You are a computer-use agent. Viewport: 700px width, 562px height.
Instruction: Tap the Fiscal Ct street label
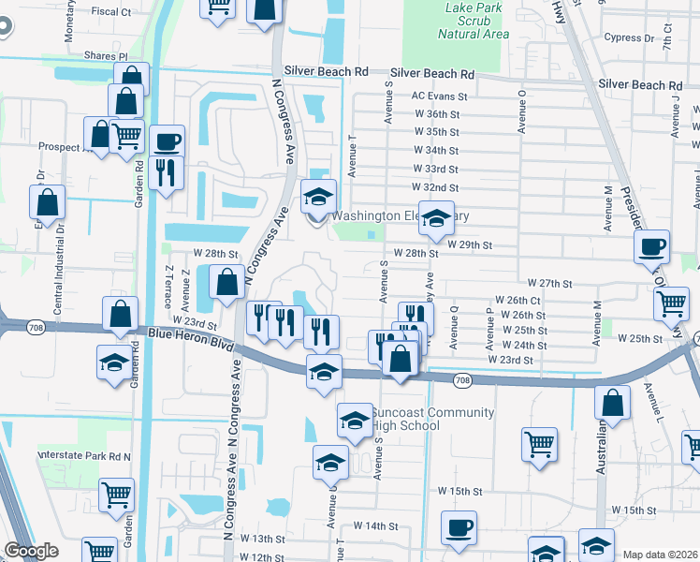point(112,12)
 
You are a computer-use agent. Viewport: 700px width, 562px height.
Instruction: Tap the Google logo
point(32,551)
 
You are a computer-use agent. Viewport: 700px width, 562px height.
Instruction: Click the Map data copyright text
point(660,555)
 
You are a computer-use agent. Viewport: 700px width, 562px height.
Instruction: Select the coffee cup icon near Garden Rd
point(167,142)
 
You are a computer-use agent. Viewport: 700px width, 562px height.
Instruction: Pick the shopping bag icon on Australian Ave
point(611,404)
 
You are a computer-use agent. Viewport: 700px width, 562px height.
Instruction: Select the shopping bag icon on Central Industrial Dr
point(47,202)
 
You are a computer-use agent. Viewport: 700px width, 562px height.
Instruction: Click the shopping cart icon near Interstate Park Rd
point(116,494)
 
